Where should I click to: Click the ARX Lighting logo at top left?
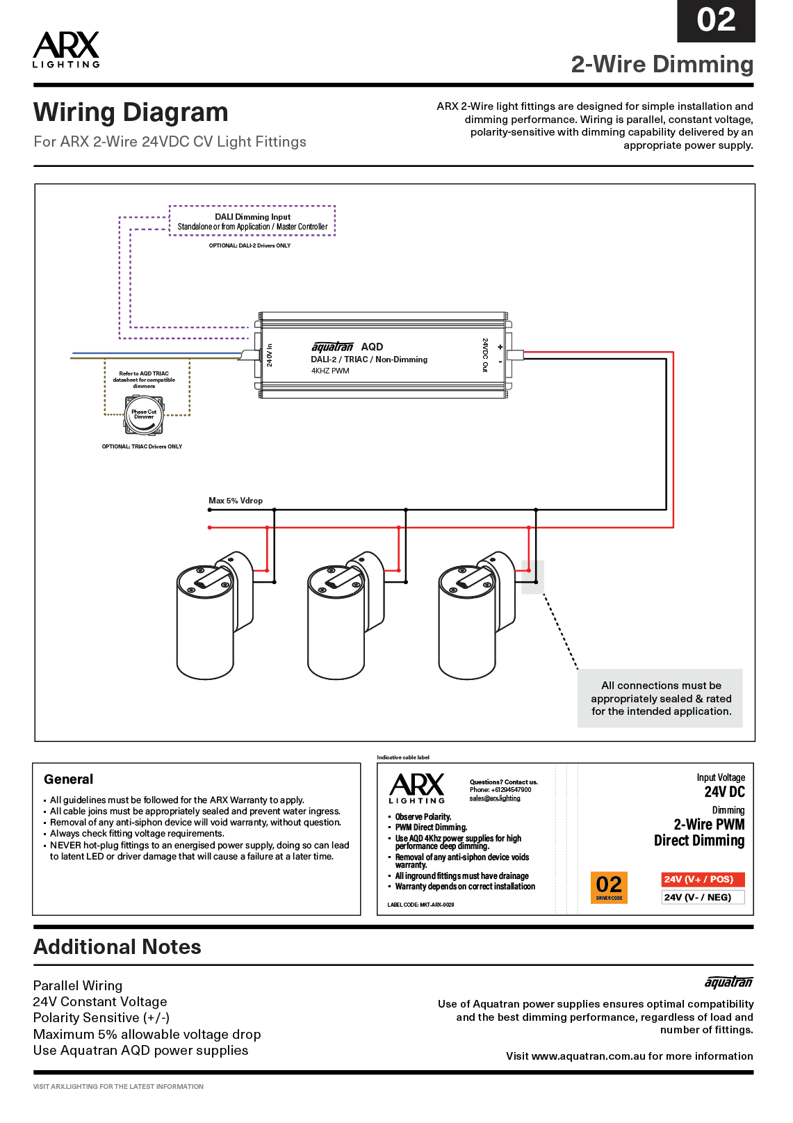pyautogui.click(x=66, y=49)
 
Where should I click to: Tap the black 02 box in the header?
pyautogui.click(x=715, y=20)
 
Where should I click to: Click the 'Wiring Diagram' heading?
pyautogui.click(x=131, y=113)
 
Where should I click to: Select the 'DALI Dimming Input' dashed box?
pyautogui.click(x=252, y=221)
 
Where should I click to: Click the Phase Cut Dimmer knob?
pyautogui.click(x=144, y=414)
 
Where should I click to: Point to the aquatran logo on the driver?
pyautogui.click(x=332, y=346)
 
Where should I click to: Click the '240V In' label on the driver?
pyautogui.click(x=270, y=355)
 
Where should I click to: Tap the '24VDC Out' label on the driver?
pyautogui.click(x=485, y=355)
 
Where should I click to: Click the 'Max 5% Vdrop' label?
pyautogui.click(x=236, y=501)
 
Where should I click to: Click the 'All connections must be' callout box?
pyautogui.click(x=660, y=698)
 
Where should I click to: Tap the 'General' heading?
pyautogui.click(x=68, y=779)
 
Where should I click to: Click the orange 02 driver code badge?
pyautogui.click(x=609, y=887)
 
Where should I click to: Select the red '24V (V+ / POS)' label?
pyautogui.click(x=702, y=880)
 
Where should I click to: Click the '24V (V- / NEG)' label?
pyautogui.click(x=702, y=897)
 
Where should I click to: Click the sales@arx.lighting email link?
pyautogui.click(x=494, y=798)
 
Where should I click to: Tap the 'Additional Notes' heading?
pyautogui.click(x=117, y=947)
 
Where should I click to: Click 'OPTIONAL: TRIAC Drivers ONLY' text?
pyautogui.click(x=142, y=446)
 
